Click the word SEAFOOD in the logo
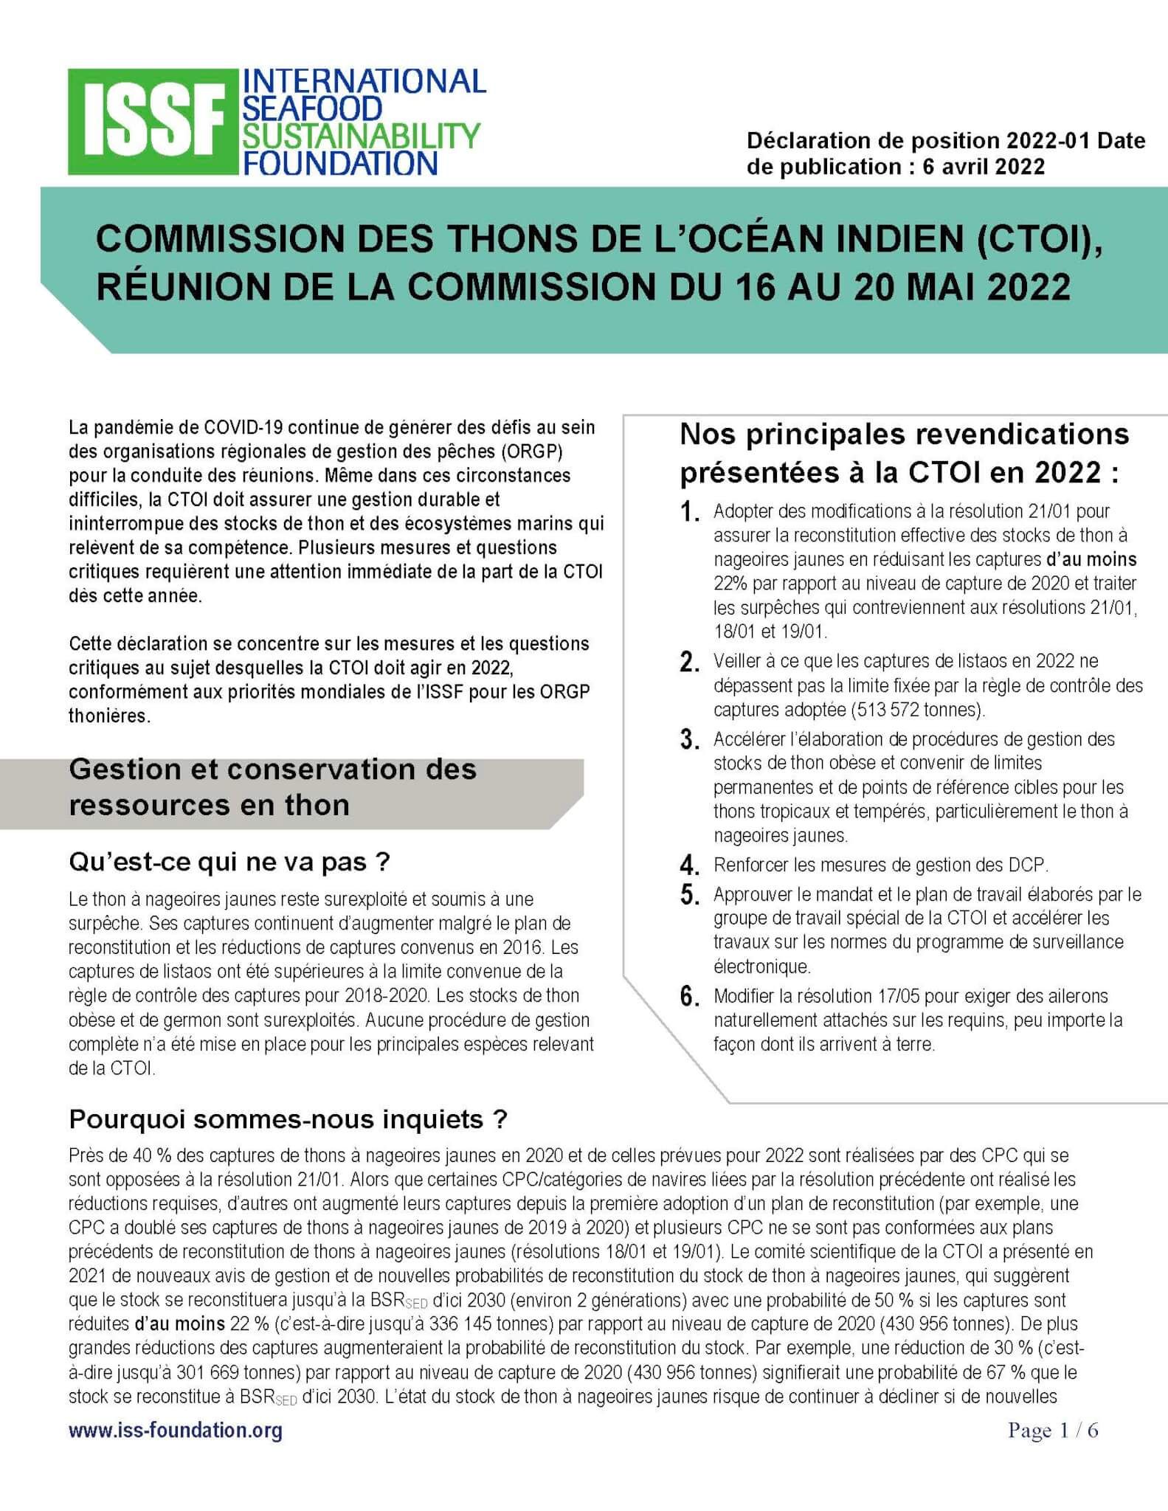[x=312, y=108]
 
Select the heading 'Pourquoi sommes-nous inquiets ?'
[x=288, y=1119]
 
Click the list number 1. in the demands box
[x=689, y=512]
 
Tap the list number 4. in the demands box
[x=689, y=865]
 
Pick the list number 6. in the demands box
[x=689, y=997]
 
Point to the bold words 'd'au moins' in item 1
[x=1091, y=559]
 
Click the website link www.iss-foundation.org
[x=176, y=1431]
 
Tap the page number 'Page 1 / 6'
[x=1053, y=1431]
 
